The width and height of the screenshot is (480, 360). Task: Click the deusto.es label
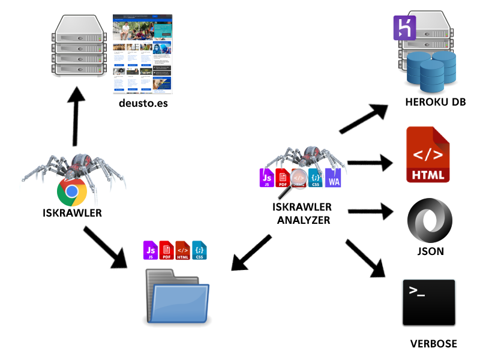(143, 103)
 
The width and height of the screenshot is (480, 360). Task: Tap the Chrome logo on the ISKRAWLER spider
(71, 192)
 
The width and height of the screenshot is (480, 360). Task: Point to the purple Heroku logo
(404, 28)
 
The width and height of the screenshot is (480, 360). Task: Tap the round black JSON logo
(430, 221)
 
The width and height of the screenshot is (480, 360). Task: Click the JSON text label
(430, 251)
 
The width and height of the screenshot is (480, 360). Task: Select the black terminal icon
(429, 303)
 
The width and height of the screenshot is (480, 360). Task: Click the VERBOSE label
(433, 344)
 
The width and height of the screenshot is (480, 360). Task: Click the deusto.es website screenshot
(142, 53)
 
